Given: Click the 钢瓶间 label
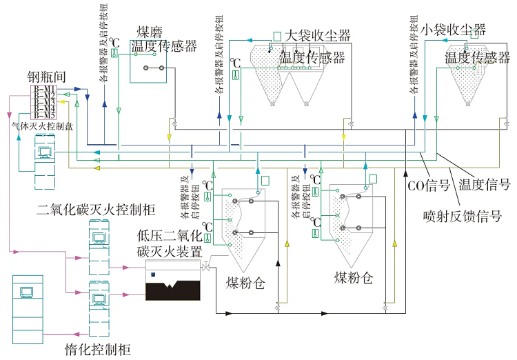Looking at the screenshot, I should tap(46, 77).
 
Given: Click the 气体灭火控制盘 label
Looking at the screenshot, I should tap(41, 126).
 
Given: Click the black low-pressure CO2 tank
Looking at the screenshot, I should tap(172, 286).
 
